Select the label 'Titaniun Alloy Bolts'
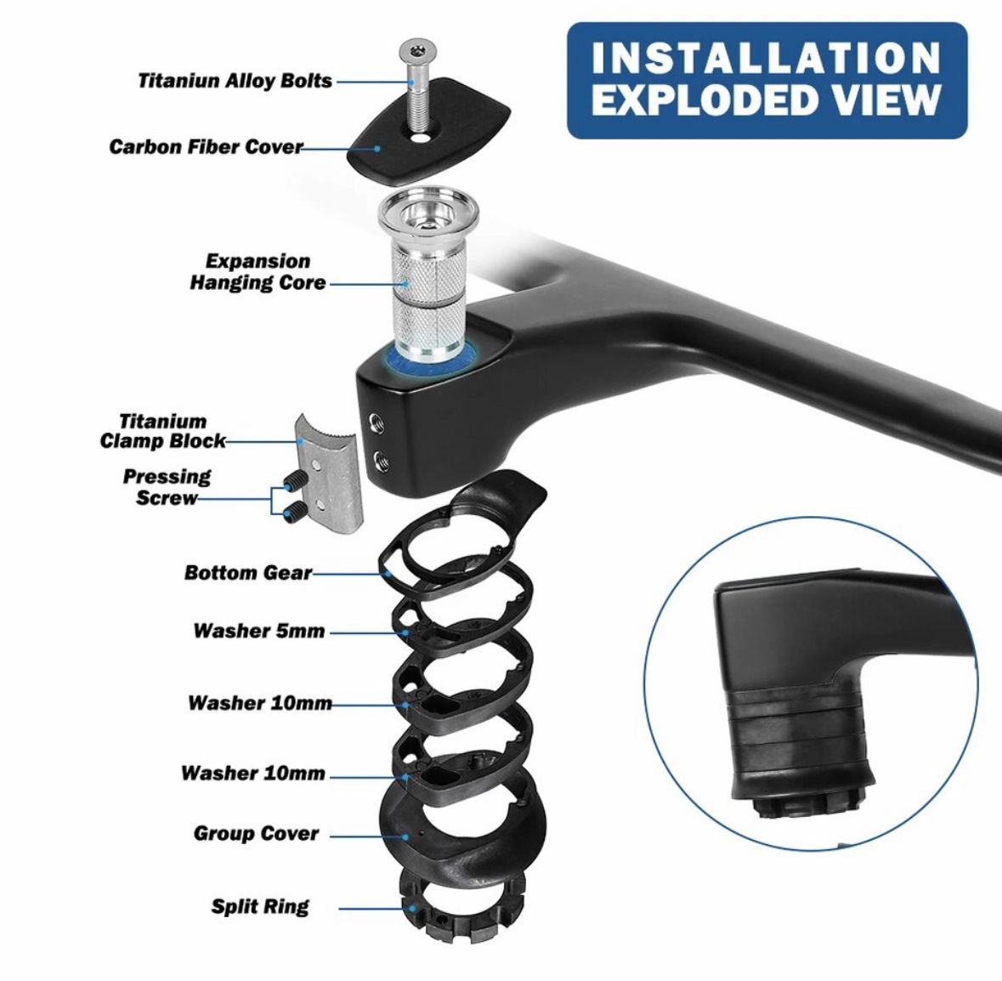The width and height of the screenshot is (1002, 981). coord(235,81)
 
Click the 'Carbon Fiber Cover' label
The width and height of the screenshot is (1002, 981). coord(206,146)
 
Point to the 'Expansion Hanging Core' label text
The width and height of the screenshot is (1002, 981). coord(258,272)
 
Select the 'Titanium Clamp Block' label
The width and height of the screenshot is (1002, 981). coord(163,431)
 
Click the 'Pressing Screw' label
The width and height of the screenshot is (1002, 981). coord(166,487)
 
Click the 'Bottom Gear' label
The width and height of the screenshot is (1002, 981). coord(248,573)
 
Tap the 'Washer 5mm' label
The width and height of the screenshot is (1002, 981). coord(259,631)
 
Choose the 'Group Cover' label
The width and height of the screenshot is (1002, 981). coord(256,833)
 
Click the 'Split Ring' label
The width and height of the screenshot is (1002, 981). coord(260,906)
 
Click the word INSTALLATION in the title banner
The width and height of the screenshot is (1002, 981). coord(767,58)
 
